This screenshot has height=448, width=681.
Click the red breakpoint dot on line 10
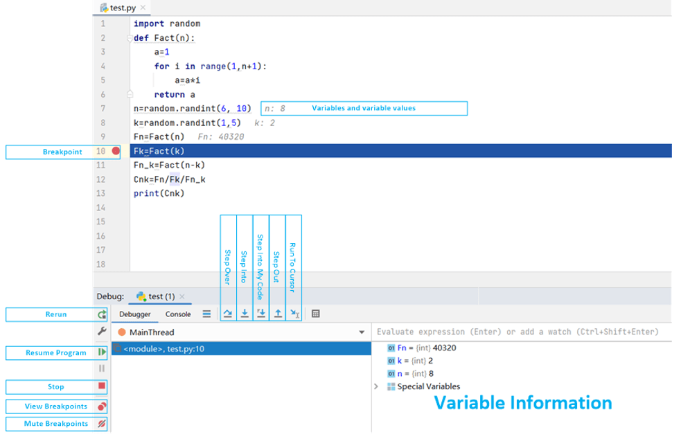pyautogui.click(x=116, y=151)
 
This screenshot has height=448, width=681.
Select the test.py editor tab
pyautogui.click(x=122, y=8)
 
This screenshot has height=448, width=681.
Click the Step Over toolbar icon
pyautogui.click(x=228, y=314)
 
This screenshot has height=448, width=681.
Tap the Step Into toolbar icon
pyautogui.click(x=245, y=314)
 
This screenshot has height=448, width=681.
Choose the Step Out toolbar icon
pyautogui.click(x=278, y=314)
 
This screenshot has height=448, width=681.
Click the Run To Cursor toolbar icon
pyautogui.click(x=294, y=314)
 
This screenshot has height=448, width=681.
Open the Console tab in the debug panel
pyautogui.click(x=178, y=314)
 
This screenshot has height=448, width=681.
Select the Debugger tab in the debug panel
pyautogui.click(x=135, y=314)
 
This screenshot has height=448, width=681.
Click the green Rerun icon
pyautogui.click(x=102, y=314)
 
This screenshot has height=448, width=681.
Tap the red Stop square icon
pyautogui.click(x=102, y=386)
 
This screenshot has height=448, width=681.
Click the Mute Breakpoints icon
pyautogui.click(x=102, y=423)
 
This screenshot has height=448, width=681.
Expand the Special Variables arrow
pyautogui.click(x=376, y=386)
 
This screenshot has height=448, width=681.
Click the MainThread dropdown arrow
pyautogui.click(x=362, y=332)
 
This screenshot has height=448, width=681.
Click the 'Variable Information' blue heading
pyautogui.click(x=523, y=403)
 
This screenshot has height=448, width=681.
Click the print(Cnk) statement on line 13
pyautogui.click(x=159, y=193)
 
